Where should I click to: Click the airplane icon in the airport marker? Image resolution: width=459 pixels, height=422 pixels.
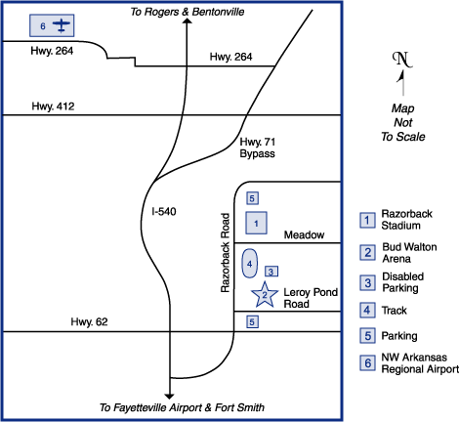pos(62,25)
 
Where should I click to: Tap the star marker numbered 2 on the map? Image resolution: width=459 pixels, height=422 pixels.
pos(265,295)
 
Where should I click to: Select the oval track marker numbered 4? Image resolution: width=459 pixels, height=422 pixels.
pos(250,264)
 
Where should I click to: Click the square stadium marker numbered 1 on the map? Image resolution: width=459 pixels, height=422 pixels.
pos(256,223)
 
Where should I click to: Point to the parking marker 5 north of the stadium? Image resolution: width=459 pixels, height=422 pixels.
pos(252,198)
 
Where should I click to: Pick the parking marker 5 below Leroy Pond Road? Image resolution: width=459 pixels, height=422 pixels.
pos(252,322)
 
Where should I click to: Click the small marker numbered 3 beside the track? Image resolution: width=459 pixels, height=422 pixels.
pos(271,272)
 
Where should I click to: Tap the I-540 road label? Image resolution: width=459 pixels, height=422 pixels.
pos(164,212)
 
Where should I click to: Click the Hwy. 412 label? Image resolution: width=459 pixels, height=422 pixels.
pos(53,106)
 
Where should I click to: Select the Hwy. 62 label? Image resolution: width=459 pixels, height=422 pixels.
pos(89,322)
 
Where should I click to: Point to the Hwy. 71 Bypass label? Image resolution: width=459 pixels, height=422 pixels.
pos(258,148)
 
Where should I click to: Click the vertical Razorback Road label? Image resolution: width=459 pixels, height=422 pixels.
pos(226,253)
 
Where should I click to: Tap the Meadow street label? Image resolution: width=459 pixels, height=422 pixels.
pos(304,234)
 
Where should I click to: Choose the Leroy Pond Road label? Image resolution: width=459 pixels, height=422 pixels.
pos(311,298)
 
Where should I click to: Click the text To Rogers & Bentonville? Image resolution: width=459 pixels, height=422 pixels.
pos(188,12)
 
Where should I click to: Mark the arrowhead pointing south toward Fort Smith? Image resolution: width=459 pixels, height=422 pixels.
pos(169,397)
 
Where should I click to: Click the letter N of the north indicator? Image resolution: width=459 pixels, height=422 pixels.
pos(402,60)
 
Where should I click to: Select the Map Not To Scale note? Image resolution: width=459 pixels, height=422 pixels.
pos(403,122)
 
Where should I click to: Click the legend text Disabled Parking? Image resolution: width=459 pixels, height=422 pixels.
pos(403,282)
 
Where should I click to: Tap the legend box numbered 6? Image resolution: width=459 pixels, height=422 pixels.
pos(367,362)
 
